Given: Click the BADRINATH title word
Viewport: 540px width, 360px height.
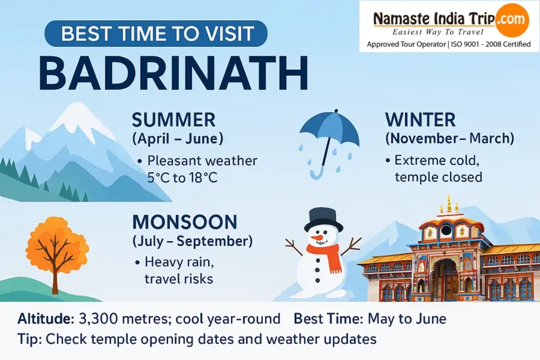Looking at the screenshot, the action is [174, 73].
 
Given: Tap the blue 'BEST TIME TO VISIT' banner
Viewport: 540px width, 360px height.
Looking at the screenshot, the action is [156, 33].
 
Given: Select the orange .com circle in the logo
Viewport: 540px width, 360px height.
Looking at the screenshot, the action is [512, 20].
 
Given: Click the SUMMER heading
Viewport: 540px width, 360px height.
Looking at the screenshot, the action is [174, 120].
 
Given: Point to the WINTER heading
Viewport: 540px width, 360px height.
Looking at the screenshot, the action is [420, 120].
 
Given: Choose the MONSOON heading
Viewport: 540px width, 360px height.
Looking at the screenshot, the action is [185, 222].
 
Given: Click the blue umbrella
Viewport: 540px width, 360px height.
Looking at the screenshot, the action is [329, 144].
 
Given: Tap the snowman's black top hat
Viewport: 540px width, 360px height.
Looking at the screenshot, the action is [324, 220].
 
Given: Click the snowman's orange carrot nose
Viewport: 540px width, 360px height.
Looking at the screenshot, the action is [316, 238].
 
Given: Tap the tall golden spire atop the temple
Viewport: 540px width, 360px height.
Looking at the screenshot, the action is [449, 204].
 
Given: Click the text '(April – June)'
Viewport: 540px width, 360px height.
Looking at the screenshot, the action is [178, 139].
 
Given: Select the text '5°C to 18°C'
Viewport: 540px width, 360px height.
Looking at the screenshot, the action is [183, 178].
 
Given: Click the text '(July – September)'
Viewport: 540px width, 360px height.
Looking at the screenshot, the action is [193, 241].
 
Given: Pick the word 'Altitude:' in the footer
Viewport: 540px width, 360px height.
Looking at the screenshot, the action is [46, 319].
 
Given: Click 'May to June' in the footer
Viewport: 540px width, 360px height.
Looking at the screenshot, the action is [407, 319].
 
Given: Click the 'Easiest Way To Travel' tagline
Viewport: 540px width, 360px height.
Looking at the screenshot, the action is [438, 32].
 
